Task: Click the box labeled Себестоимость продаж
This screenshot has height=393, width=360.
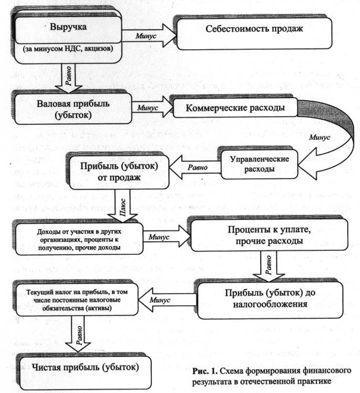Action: coord(254,34)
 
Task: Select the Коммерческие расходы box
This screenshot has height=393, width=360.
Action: coord(235,107)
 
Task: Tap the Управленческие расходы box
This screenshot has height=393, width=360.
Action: coord(259,164)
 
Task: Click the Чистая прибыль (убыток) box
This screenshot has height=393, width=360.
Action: coord(85,372)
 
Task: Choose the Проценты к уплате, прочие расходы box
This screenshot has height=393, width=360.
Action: coord(269,235)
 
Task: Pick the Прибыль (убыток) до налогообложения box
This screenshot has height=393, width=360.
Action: coord(270,300)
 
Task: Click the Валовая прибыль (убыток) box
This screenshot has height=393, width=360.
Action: coord(73,109)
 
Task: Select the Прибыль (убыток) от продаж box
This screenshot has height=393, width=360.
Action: coord(119,172)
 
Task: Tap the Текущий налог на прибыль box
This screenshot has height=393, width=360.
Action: coord(77,299)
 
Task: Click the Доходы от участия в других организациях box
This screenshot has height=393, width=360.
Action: coord(79,239)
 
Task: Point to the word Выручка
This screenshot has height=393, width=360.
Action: coord(68,27)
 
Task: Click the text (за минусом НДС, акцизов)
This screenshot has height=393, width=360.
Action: coord(68,49)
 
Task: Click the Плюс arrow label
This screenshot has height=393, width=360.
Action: coord(123,206)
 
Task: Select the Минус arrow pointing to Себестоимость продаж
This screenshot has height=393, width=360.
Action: coord(149,35)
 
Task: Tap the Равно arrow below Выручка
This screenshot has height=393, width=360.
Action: coord(68,78)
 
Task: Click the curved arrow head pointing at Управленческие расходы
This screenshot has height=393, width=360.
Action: coord(307,164)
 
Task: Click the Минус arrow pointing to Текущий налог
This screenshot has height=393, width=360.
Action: coord(168,299)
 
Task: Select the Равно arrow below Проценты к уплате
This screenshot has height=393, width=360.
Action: coord(269,266)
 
